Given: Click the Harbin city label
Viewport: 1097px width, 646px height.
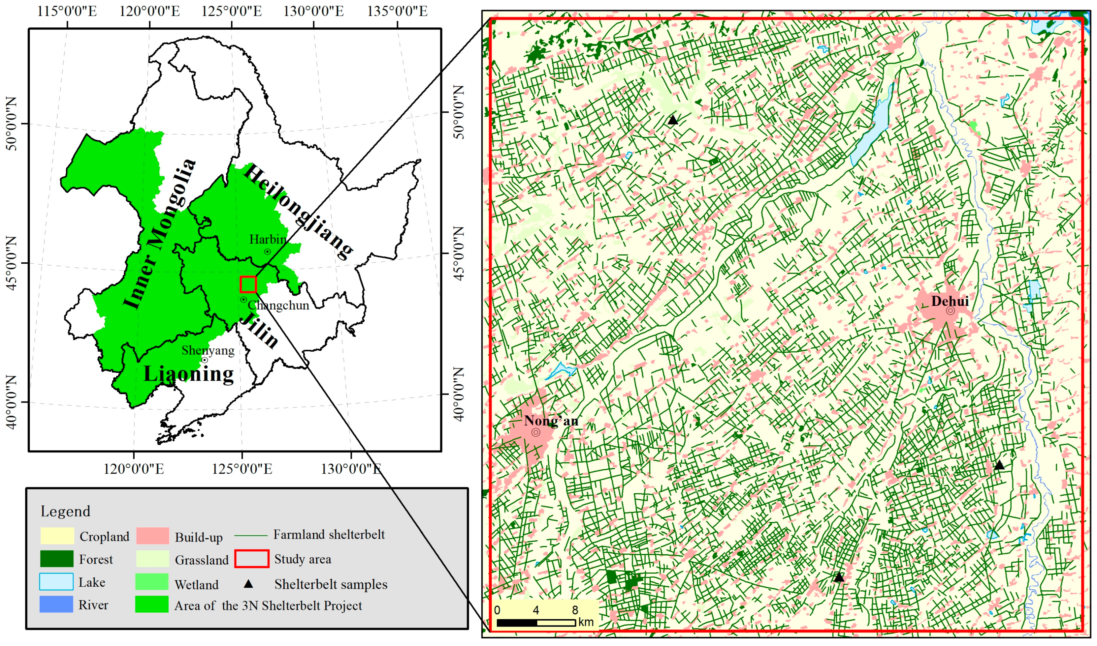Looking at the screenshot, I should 268,239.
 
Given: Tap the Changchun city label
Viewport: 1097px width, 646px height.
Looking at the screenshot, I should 278,306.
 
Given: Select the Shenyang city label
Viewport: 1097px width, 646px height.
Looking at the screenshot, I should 208,350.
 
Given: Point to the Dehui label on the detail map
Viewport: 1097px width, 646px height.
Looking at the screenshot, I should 950,301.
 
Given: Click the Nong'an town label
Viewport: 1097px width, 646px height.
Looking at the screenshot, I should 551,421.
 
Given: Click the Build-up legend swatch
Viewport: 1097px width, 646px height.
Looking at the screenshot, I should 152,536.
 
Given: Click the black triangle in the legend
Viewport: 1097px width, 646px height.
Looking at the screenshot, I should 248,584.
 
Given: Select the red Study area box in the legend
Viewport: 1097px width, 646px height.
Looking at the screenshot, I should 251,559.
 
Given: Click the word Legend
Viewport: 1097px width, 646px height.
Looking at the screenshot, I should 65,512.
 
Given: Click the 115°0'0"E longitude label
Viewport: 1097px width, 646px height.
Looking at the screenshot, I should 67,11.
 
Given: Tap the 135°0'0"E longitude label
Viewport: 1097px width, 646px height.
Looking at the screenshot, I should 397,11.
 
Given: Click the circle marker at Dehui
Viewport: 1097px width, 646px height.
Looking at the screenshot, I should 950,311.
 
